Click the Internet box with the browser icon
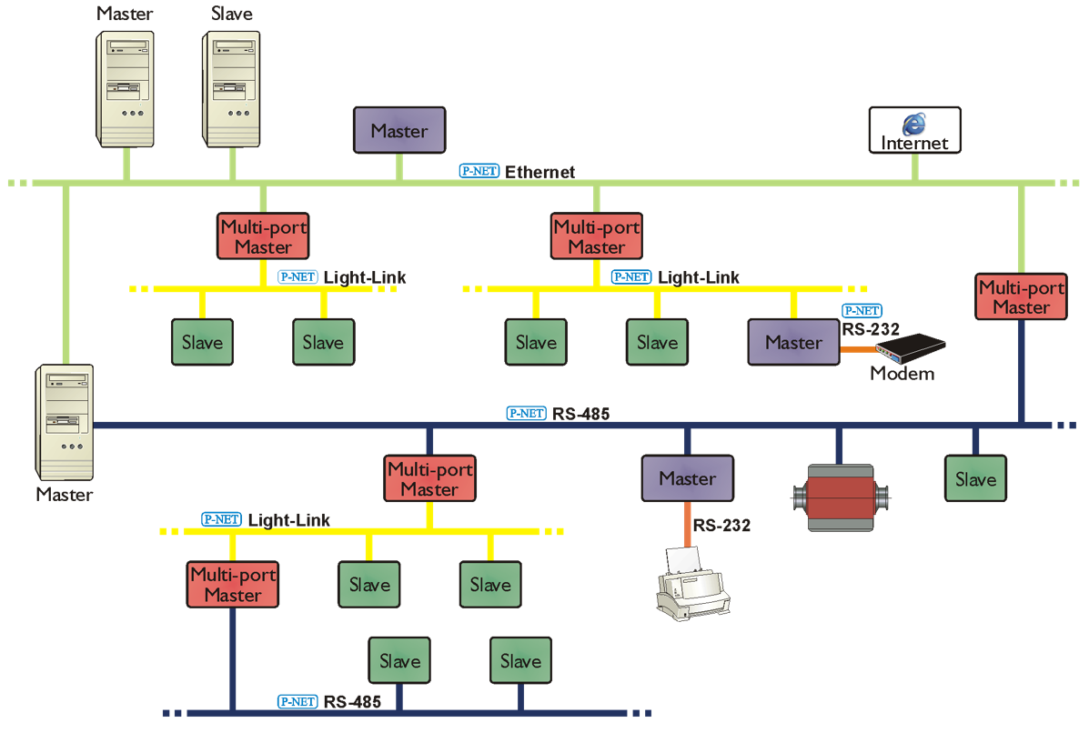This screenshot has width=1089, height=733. click(x=914, y=131)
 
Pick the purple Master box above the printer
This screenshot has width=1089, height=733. click(x=687, y=478)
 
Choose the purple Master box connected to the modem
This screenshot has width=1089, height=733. click(x=793, y=343)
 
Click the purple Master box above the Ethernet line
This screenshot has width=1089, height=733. click(x=398, y=131)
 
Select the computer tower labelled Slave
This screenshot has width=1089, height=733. click(x=232, y=89)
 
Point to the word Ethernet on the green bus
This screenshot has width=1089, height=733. click(x=540, y=172)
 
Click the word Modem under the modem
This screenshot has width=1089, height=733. click(x=902, y=373)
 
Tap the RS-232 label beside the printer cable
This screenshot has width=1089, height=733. click(x=721, y=525)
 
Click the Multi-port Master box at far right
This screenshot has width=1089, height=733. click(x=1021, y=297)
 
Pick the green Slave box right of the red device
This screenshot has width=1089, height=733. click(x=975, y=479)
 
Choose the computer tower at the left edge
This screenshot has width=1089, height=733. click(x=65, y=423)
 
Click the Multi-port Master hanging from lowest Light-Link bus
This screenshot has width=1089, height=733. click(x=233, y=585)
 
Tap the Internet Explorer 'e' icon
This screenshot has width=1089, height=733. click(x=913, y=124)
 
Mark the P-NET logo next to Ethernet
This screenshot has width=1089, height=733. click(x=479, y=171)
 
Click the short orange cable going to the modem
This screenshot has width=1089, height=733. click(x=856, y=347)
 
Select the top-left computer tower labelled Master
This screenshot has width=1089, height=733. click(x=126, y=89)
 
